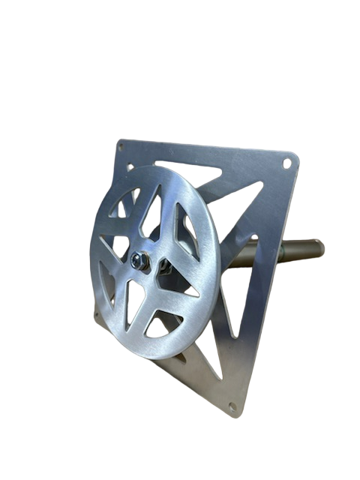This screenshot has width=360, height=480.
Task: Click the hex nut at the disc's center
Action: point(139,260)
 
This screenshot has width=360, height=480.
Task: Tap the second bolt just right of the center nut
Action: point(161,264)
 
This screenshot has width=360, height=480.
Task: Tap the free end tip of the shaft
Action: point(319,244)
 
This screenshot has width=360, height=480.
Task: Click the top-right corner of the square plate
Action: point(298,154)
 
